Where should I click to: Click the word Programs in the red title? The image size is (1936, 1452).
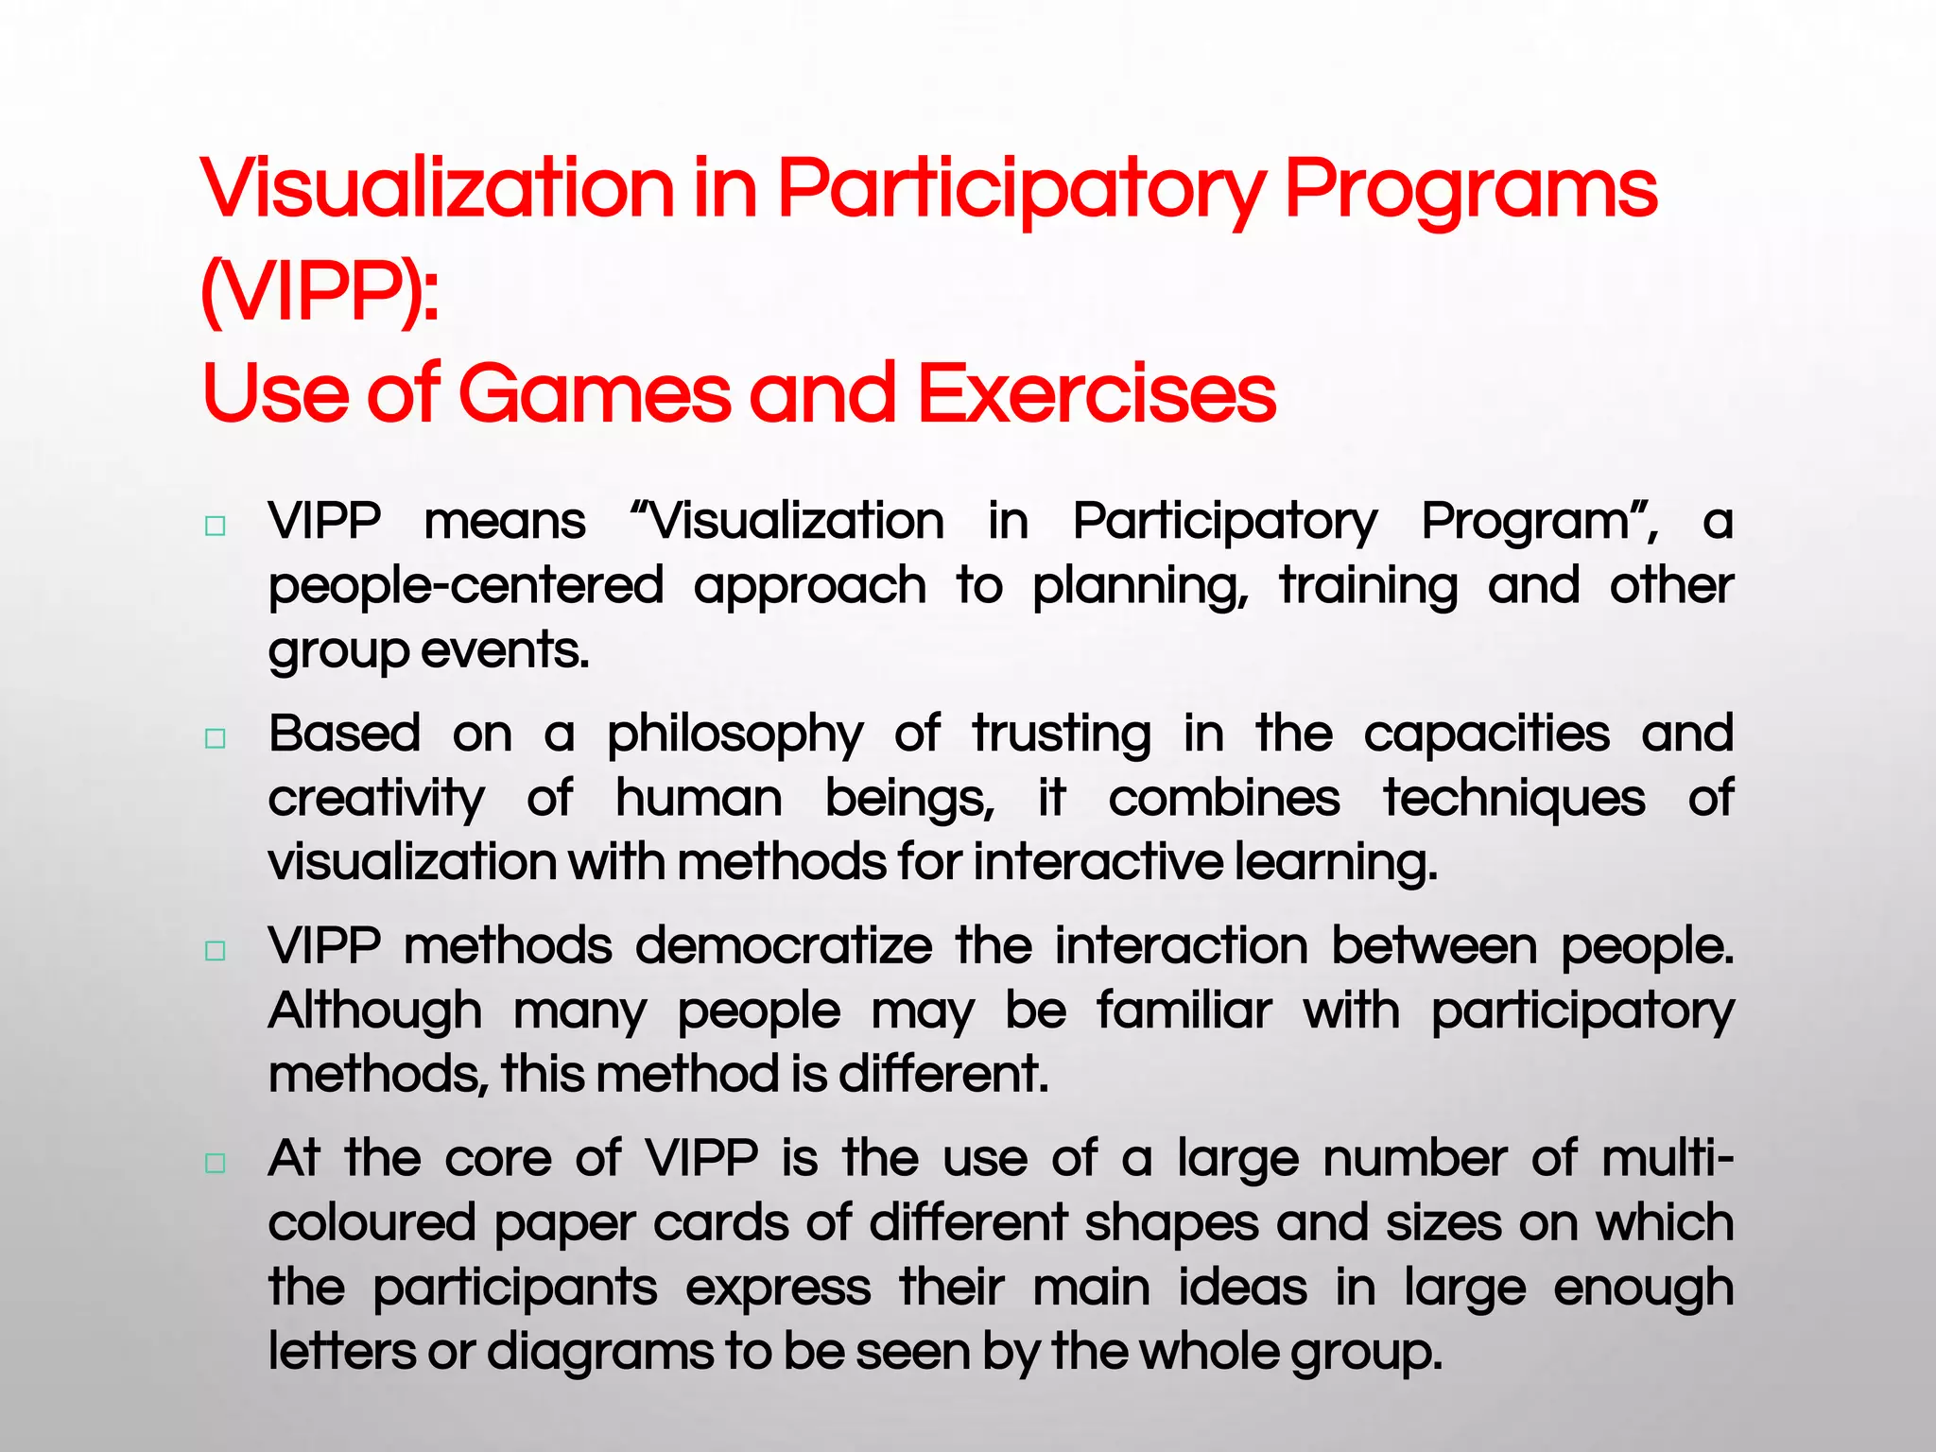coord(1470,189)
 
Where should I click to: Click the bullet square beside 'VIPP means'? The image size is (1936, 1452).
coord(216,527)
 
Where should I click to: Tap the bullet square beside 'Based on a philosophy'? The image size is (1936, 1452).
coord(216,738)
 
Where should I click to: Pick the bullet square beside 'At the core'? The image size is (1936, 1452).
coord(216,1163)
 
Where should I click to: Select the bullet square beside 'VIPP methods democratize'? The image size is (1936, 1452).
coord(216,950)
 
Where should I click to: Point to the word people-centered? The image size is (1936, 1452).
coord(466,586)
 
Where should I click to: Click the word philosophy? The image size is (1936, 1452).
coord(735,735)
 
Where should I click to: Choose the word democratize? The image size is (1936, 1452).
coord(784,945)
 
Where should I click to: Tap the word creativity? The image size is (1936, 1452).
coord(376,800)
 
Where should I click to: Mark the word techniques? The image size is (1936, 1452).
coord(1514,800)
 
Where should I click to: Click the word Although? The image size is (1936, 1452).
coord(375,1011)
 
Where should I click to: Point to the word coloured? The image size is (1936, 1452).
coord(372,1222)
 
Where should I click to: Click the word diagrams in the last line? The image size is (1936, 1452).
coord(600,1352)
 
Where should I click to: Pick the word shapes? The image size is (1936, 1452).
coord(1171,1224)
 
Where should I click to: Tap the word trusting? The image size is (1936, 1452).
coord(1062,735)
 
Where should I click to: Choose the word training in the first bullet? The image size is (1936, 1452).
coord(1368,586)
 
